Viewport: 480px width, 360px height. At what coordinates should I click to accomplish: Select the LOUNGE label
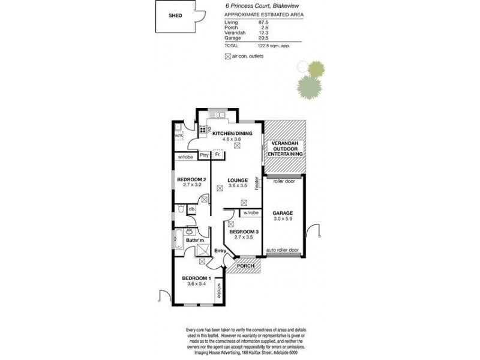238,179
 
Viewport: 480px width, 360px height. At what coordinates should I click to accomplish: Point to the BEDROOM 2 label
193,179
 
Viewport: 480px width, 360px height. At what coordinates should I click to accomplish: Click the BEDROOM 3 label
244,232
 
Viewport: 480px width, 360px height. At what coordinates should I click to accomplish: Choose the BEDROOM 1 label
196,278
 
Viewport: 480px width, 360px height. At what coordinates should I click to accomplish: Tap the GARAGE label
283,213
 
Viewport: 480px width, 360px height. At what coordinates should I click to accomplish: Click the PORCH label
245,266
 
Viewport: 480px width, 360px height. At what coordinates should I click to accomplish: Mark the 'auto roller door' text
283,250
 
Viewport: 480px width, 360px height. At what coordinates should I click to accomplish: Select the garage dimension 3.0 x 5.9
283,220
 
